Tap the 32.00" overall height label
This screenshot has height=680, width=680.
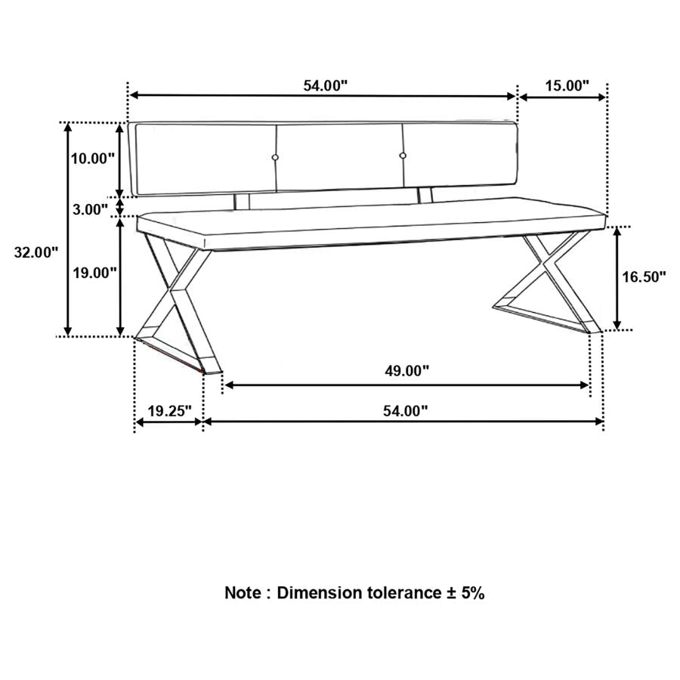tap(36, 253)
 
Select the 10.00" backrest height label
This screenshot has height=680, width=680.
tap(92, 158)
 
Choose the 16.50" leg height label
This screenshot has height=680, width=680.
tap(644, 277)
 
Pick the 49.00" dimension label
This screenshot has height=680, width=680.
tap(407, 370)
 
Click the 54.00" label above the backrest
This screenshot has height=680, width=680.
tap(326, 85)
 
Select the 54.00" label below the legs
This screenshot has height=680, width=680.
tap(405, 411)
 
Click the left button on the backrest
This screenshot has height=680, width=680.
tap(276, 156)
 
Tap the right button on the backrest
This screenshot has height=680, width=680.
tap(403, 156)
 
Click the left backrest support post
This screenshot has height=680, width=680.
tap(243, 202)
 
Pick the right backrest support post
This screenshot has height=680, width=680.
tap(425, 196)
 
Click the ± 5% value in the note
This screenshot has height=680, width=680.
tap(463, 592)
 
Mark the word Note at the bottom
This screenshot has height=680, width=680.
tap(243, 592)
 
